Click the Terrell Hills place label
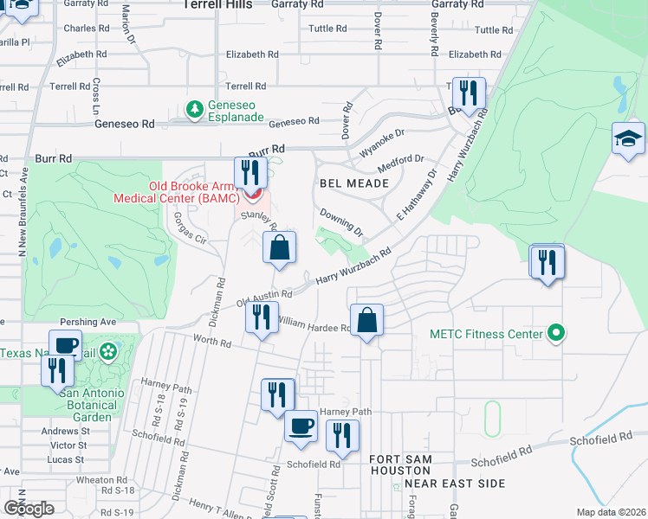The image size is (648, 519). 217,5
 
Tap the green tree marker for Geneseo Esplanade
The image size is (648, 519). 196,109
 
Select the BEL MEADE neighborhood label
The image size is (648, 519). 348,183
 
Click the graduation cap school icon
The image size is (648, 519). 627,139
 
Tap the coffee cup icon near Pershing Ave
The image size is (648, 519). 65,344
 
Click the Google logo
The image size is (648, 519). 29,509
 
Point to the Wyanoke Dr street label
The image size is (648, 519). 383,141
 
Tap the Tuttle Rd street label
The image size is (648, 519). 327,29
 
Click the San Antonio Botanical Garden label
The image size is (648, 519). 92,405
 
